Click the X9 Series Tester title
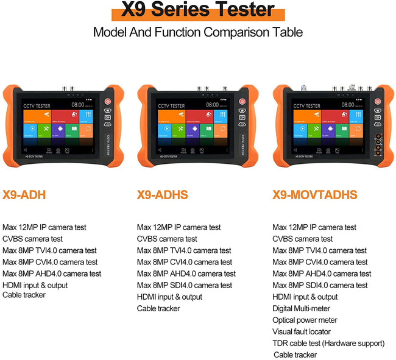pos(197,10)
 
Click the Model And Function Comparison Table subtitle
pos(197,32)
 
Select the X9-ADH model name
pos(24,195)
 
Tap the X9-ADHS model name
pos(162,195)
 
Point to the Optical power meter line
pos(305,320)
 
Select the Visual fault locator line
pos(302,332)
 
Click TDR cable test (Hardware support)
pos(328,344)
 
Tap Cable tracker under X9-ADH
pos(24,295)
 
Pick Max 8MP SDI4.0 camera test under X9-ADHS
pos(184,285)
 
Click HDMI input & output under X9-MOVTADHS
pos(305,297)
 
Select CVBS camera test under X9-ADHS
pos(167,239)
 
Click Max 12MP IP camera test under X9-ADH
pos(44,227)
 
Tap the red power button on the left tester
pos(107,102)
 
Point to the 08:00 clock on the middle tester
pos(211,105)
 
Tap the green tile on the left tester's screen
pos(44,130)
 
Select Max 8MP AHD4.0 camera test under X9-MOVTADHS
pos(322,274)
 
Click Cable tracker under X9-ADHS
pos(158,309)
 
